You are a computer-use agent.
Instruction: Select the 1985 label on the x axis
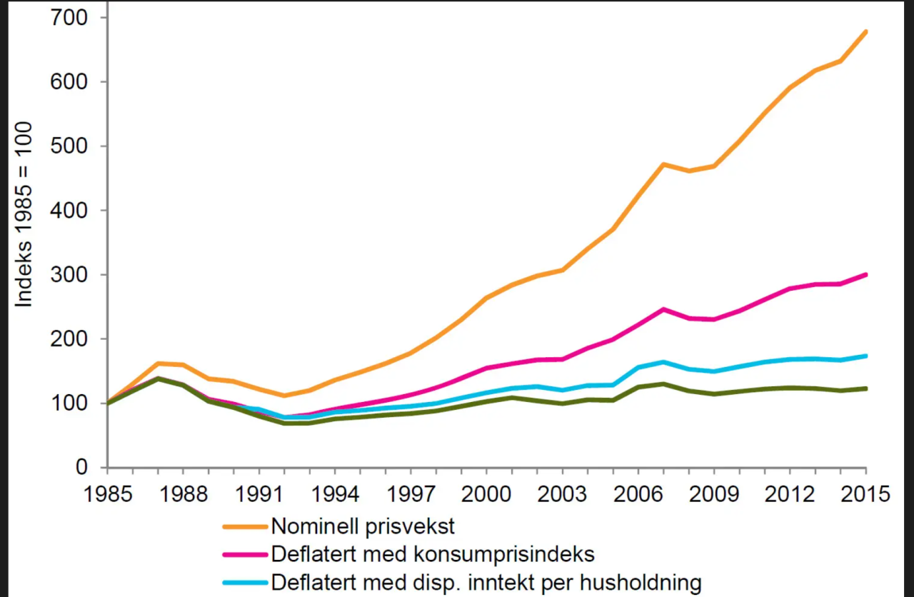coord(106,493)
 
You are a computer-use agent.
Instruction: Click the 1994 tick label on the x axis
coord(334,493)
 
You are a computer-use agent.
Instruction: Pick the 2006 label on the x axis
coord(638,493)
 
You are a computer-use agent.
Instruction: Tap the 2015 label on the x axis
coord(866,493)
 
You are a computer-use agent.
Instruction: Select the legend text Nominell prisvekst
coord(363,527)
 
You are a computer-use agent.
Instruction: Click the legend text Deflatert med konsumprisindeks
coord(433,554)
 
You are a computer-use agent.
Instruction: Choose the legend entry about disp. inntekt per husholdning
coord(486,582)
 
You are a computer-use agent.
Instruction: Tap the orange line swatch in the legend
coord(245,527)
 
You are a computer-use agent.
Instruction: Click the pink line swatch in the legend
coord(245,554)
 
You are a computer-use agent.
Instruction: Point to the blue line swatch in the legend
coord(245,582)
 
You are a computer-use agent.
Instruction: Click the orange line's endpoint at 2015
coord(866,31)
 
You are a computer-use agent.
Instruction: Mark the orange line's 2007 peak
coord(663,164)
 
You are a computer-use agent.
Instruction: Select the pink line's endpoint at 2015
coord(866,274)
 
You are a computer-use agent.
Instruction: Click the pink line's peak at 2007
coord(663,309)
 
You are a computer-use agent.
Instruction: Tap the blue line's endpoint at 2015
coord(866,356)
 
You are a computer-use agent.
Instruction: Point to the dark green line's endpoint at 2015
coord(866,388)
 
